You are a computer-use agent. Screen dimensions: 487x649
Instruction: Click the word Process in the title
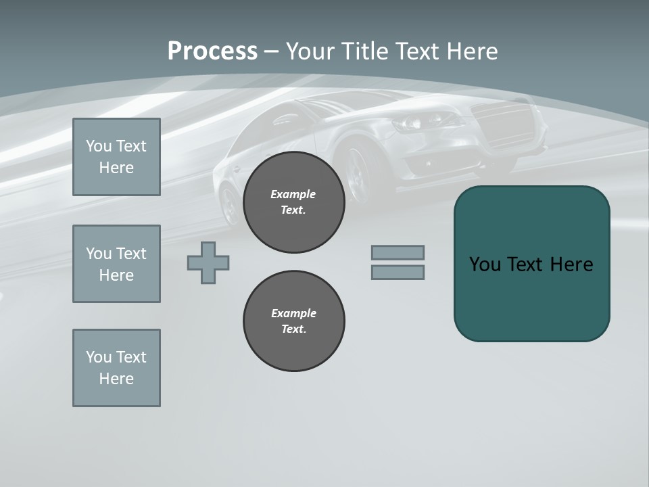click(x=212, y=51)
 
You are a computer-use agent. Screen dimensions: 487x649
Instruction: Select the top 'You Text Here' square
click(x=116, y=157)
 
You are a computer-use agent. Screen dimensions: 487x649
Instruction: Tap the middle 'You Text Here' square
click(x=116, y=264)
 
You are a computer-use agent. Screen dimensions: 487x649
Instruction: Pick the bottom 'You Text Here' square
click(x=116, y=368)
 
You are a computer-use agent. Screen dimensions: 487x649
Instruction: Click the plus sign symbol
click(x=208, y=262)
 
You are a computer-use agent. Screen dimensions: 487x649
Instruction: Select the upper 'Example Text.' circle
click(x=293, y=202)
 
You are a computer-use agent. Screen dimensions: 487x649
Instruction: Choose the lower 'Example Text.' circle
click(x=293, y=321)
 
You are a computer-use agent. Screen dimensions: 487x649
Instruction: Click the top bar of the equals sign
click(x=398, y=252)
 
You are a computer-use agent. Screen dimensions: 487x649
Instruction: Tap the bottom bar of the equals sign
click(x=398, y=272)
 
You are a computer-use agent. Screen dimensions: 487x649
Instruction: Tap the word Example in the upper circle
click(x=293, y=195)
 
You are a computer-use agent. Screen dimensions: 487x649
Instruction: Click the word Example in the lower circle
click(x=293, y=314)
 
